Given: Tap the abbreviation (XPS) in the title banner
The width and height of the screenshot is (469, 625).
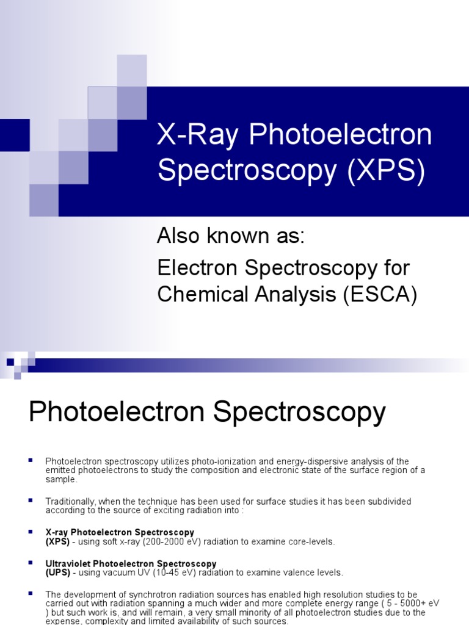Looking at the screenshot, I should [386, 171].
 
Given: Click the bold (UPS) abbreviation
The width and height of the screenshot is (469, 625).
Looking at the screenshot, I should [57, 573].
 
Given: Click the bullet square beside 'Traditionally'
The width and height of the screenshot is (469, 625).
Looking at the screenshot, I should [31, 500].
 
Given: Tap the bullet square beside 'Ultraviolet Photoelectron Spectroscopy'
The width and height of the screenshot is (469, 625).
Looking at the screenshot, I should [31, 563].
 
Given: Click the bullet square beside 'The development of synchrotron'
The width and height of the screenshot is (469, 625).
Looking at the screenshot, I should [31, 593].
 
